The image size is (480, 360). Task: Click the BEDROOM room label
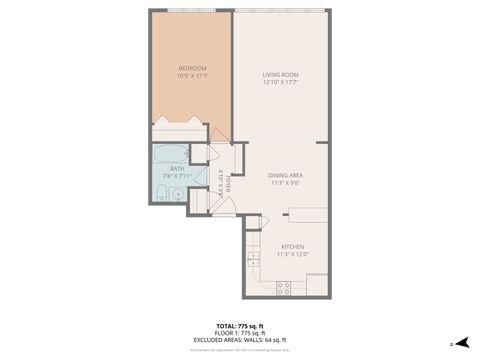[178, 68]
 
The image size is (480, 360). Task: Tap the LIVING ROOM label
[281, 75]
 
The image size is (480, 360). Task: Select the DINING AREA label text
[285, 176]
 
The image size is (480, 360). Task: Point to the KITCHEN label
[292, 246]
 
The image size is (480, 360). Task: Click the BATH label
[176, 169]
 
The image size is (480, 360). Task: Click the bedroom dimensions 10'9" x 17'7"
[178, 76]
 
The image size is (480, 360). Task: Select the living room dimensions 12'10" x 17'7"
[281, 83]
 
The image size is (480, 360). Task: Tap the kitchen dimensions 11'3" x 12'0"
[292, 254]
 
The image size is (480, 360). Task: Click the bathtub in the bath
[170, 153]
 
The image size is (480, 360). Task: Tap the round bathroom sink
[178, 195]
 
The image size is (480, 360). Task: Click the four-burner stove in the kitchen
[283, 287]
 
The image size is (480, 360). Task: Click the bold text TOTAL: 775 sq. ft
[239, 326]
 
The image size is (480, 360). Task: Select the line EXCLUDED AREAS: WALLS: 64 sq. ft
[239, 341]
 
